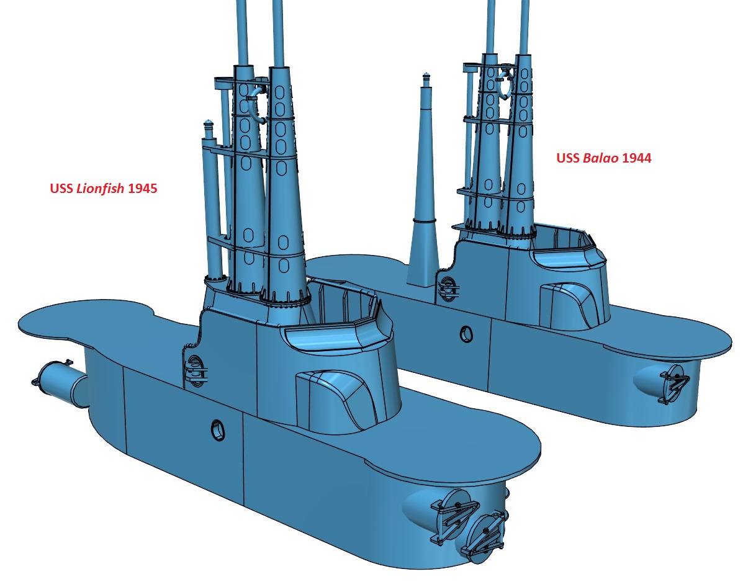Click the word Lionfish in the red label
pos(100,189)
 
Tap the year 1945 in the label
pos(143,189)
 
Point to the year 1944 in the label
pos(636,158)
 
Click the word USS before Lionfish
pos(61,189)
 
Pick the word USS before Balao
pos(568,158)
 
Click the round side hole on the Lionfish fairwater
pos(218,430)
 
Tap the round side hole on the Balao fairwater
pos(466,334)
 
